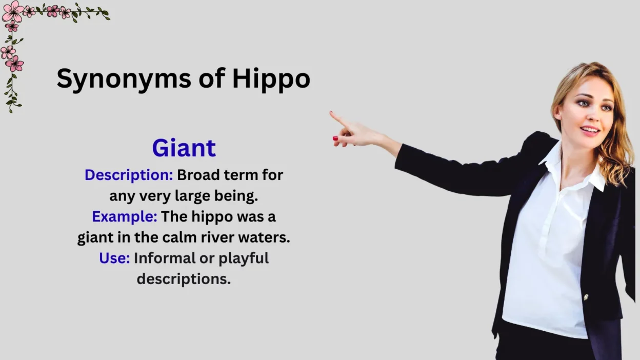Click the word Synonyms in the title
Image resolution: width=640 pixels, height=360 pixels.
pos(124,79)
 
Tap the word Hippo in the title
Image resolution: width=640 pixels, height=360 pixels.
pos(271,78)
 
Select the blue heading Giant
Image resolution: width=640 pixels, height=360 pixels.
pos(184,148)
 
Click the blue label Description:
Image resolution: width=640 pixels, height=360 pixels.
pos(129,175)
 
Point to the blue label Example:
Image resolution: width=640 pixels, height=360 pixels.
pos(125,216)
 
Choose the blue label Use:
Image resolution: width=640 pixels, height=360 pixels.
pos(114,258)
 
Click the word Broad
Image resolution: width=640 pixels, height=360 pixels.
pos(198,175)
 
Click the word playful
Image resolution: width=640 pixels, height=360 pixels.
pos(244,258)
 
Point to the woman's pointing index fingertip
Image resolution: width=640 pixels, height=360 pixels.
pos(331,113)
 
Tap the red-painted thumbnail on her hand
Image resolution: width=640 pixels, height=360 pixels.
pos(335,138)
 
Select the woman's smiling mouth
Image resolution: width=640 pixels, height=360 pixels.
pos(590,131)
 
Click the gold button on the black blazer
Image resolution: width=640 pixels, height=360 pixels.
pos(586,297)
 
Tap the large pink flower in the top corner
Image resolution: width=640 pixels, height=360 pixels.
pos(13,11)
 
